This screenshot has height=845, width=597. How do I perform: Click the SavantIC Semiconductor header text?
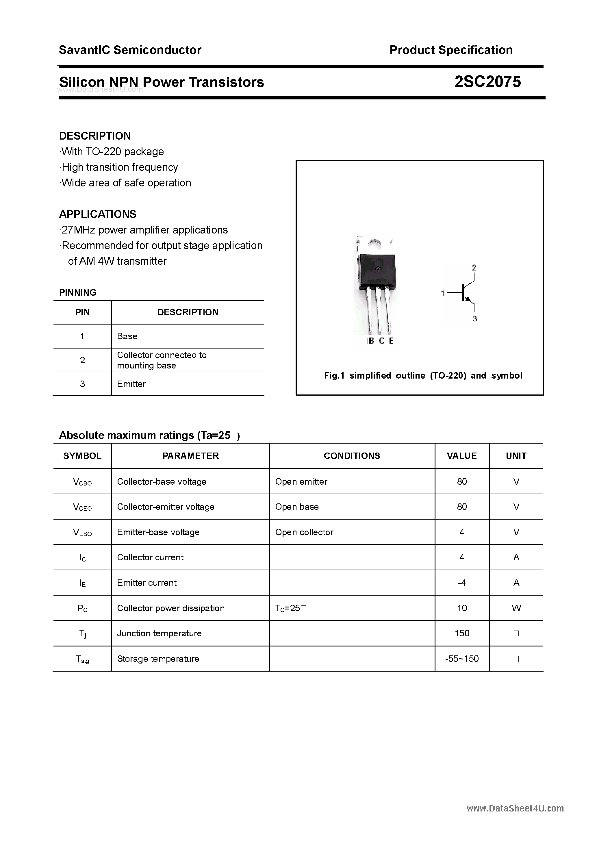(x=130, y=50)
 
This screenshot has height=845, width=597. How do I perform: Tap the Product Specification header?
(x=451, y=50)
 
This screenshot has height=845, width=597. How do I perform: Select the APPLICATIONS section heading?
(x=98, y=214)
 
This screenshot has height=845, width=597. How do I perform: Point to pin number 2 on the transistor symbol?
(x=474, y=268)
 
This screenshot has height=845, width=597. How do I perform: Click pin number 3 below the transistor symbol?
(x=474, y=319)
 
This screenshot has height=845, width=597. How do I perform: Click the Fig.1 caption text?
(x=423, y=376)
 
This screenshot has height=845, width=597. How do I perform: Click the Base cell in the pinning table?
(x=127, y=336)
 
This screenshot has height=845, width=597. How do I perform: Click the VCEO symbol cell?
(x=82, y=507)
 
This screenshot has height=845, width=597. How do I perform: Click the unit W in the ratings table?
(x=516, y=608)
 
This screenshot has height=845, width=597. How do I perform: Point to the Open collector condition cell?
(x=304, y=532)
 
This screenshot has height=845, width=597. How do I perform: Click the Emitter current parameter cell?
(x=147, y=583)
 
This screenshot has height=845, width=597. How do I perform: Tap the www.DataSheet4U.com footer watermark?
(x=515, y=809)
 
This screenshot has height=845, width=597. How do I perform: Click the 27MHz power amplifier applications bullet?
(x=144, y=230)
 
